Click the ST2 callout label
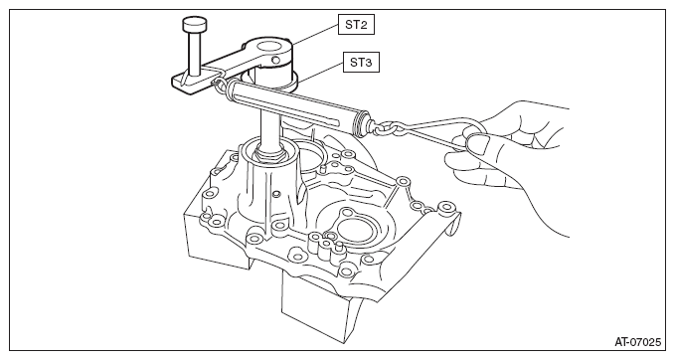(x=356, y=25)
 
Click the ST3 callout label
(x=361, y=63)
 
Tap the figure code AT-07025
(x=637, y=342)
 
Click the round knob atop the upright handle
(x=194, y=24)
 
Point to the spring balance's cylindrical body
(x=292, y=102)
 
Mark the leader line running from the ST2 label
(x=314, y=34)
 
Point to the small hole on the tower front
(x=276, y=192)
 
